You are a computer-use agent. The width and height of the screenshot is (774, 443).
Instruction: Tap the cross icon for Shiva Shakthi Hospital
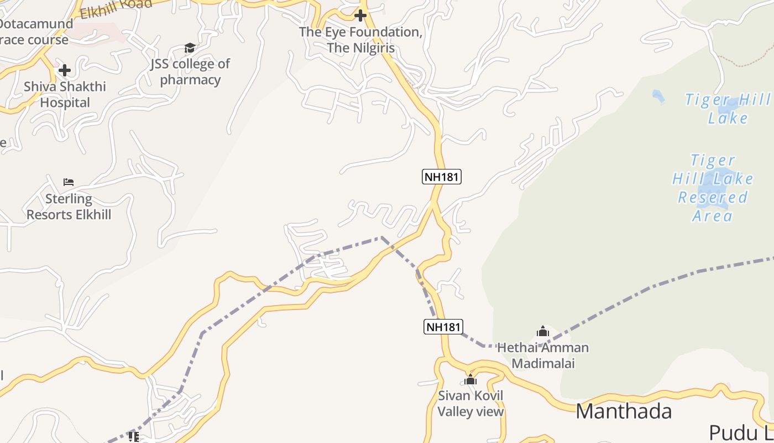point(65,70)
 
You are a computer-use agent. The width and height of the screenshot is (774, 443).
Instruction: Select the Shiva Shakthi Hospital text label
point(65,95)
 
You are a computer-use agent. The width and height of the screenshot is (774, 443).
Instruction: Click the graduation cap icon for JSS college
point(190,48)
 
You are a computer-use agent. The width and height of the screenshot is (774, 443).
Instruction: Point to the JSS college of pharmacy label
point(190,72)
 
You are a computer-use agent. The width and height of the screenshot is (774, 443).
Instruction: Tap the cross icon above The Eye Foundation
point(360,16)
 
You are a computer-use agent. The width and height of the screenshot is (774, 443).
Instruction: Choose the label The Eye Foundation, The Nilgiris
point(360,40)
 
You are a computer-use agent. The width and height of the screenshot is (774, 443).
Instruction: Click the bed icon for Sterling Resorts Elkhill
point(69,182)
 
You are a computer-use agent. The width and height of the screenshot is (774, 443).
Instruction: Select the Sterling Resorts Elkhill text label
point(69,207)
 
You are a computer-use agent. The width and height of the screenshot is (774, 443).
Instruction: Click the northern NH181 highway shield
point(441,177)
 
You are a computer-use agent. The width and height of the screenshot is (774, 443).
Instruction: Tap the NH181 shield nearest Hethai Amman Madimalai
point(443,327)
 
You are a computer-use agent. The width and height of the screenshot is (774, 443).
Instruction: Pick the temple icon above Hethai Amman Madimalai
point(543,332)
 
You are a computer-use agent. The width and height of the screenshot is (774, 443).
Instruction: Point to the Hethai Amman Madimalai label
point(543,356)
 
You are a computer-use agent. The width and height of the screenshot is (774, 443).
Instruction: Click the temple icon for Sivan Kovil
point(470,380)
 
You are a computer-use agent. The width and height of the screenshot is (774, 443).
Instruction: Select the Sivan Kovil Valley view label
point(471,404)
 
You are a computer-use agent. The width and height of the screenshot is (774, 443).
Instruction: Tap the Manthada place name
point(624,411)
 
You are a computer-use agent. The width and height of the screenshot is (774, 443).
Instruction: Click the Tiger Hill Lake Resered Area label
point(713,188)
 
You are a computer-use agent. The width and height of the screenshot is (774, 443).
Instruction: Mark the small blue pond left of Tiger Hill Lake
point(658,96)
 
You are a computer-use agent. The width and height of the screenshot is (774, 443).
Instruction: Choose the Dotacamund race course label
point(35,32)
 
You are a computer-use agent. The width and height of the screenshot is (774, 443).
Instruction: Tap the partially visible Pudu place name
point(741,432)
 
